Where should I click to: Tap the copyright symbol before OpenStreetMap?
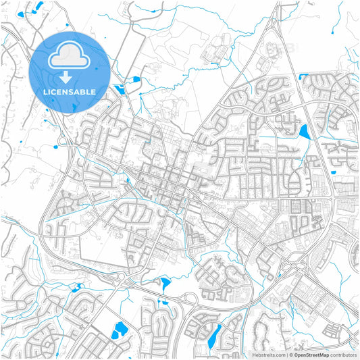(291, 354)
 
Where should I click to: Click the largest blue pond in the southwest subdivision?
(122, 330)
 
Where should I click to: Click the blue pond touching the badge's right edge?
(119, 88)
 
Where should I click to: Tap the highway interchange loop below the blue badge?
(66, 140)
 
